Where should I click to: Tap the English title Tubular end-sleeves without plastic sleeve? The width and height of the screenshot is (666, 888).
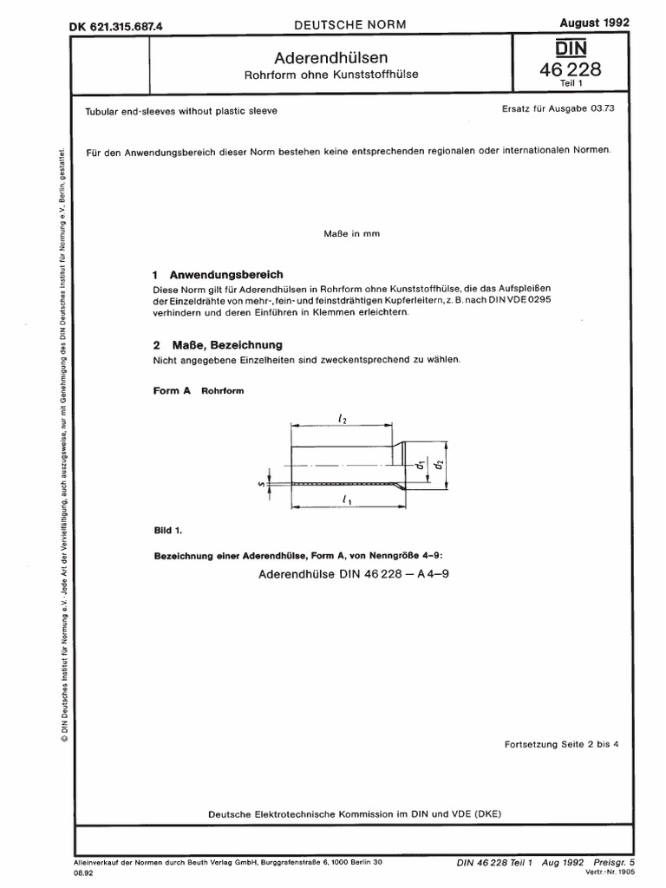click(181, 112)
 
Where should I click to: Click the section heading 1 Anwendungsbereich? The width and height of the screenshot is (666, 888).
click(218, 272)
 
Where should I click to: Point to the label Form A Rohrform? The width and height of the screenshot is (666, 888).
click(199, 391)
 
